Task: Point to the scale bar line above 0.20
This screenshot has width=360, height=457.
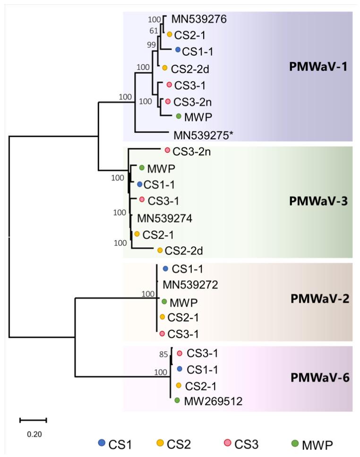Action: tap(33, 419)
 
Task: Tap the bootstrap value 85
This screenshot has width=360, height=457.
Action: tap(163, 352)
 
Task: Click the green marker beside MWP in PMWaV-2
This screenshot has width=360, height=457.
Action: tap(164, 301)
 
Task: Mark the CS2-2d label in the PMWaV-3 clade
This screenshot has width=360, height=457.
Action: tap(181, 250)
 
